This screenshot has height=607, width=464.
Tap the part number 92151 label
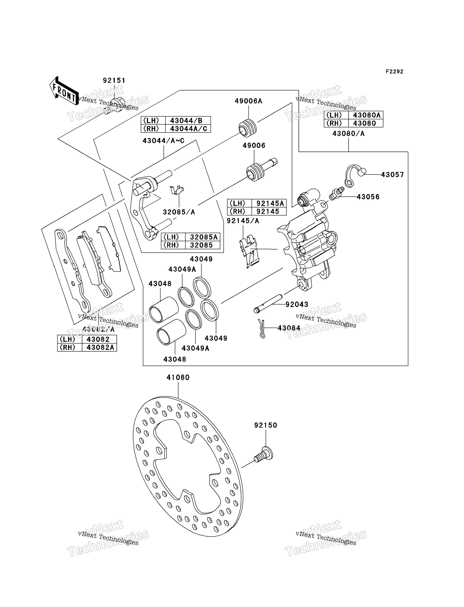pos(114,80)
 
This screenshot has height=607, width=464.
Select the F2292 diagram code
pos(394,72)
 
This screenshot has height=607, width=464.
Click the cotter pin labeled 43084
pos(262,328)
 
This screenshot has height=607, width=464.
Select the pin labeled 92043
pos(268,304)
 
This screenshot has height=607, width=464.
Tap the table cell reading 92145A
pos(269,203)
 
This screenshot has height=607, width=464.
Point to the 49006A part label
pos(248,101)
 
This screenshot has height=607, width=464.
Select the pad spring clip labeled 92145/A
pos(249,251)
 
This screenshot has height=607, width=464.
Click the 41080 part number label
pos(178,378)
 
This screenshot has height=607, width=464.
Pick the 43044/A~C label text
pos(164,141)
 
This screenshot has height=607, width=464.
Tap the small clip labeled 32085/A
pos(177,190)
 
